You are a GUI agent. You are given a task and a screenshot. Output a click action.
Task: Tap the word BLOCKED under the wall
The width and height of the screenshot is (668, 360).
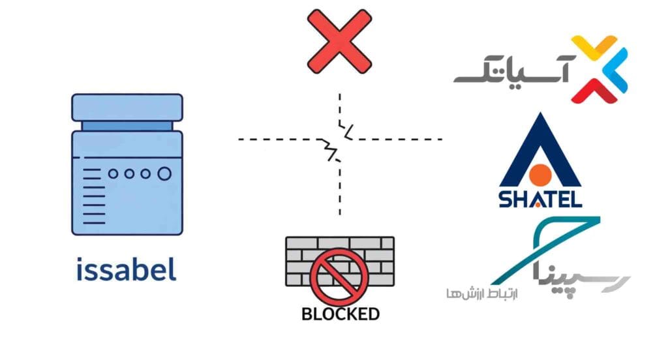click(x=340, y=314)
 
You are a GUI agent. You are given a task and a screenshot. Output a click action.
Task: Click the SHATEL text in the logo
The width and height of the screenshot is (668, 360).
click(x=540, y=199)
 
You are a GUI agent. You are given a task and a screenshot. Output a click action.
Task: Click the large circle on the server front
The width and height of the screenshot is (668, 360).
click(x=164, y=173)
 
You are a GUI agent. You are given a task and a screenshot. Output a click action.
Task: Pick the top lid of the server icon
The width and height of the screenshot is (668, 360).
click(x=127, y=106)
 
